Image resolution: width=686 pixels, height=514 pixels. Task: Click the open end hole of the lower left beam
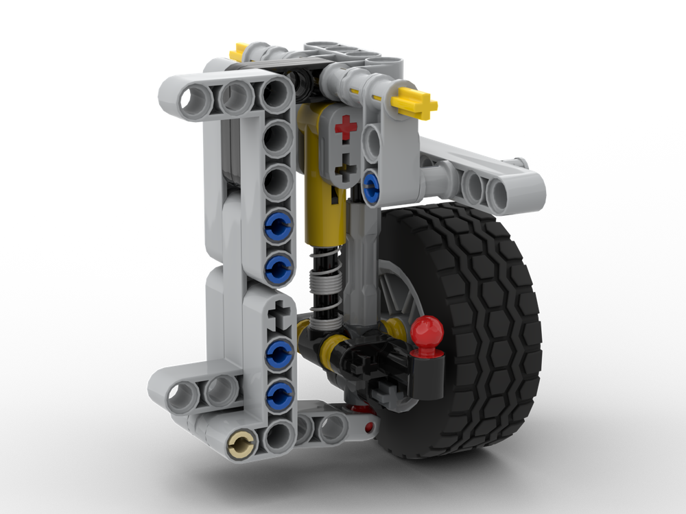point(177,392)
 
